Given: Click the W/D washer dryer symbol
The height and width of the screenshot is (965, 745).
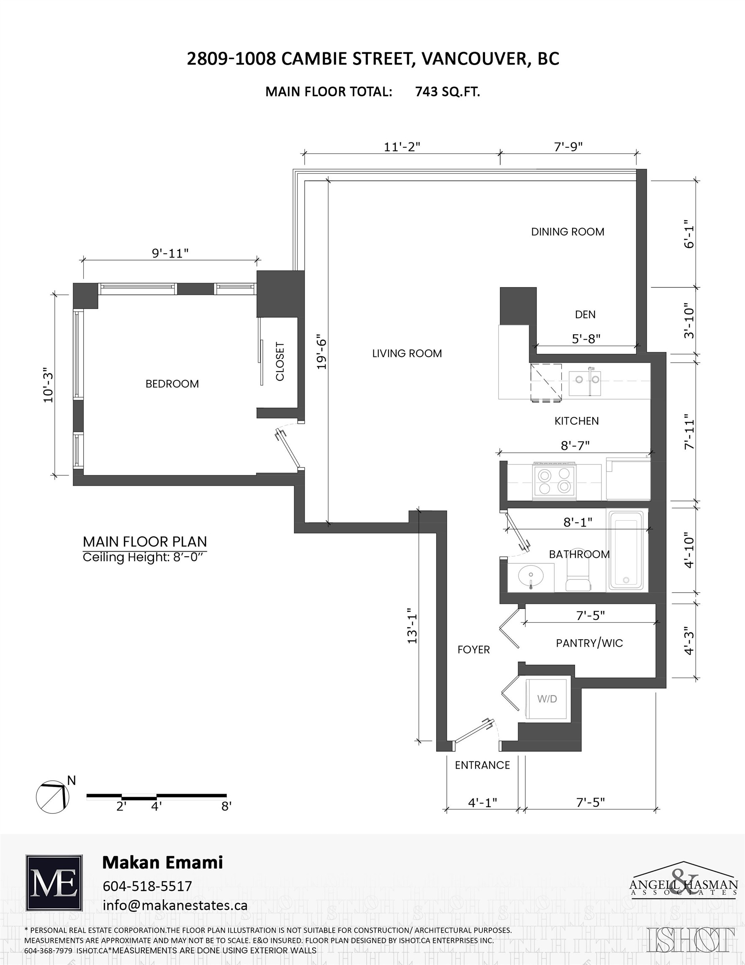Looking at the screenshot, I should pos(547,699).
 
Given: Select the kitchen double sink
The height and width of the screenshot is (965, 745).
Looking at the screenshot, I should pos(584,380).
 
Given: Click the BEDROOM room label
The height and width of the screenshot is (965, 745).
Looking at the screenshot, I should pos(172,384).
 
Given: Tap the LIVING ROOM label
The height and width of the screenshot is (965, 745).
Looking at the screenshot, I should pos(407,353).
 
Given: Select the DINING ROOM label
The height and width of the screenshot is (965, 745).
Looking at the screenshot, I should pos(568,232).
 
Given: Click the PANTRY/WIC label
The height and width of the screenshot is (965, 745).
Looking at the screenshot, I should pos(589,643).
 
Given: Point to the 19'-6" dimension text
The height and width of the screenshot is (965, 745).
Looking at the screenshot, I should pos(322,354).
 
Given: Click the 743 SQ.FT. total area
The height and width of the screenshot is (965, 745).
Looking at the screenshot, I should pos(447,91).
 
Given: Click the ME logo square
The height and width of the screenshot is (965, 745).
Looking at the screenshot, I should pos(54,883).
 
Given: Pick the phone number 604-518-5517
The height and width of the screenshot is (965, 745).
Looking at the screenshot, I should pos(147,886).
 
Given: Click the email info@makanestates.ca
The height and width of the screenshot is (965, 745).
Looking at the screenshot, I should pos(175,905).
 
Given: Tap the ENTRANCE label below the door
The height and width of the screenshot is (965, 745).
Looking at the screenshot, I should pos(482,765).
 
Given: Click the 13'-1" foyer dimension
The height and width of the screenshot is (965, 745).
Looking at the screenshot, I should pos(412,628).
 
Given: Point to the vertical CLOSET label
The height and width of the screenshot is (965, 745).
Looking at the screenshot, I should pos(280,361).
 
